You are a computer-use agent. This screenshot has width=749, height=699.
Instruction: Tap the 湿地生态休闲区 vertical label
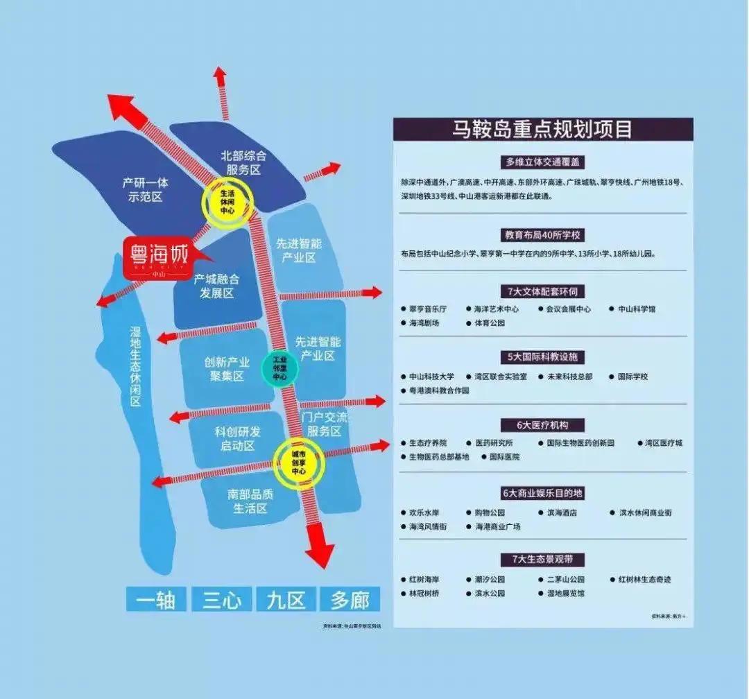pyautogui.click(x=135, y=367)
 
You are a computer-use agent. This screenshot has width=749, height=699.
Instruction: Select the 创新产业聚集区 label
pyautogui.click(x=226, y=369)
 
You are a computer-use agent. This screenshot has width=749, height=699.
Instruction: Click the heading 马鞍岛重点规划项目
pyautogui.click(x=542, y=130)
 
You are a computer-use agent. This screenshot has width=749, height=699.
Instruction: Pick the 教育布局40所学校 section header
pyautogui.click(x=542, y=234)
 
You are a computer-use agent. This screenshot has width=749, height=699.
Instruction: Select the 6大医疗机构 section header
pyautogui.click(x=542, y=424)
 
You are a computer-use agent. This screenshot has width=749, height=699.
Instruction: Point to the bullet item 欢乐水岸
pyautogui.click(x=424, y=512)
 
